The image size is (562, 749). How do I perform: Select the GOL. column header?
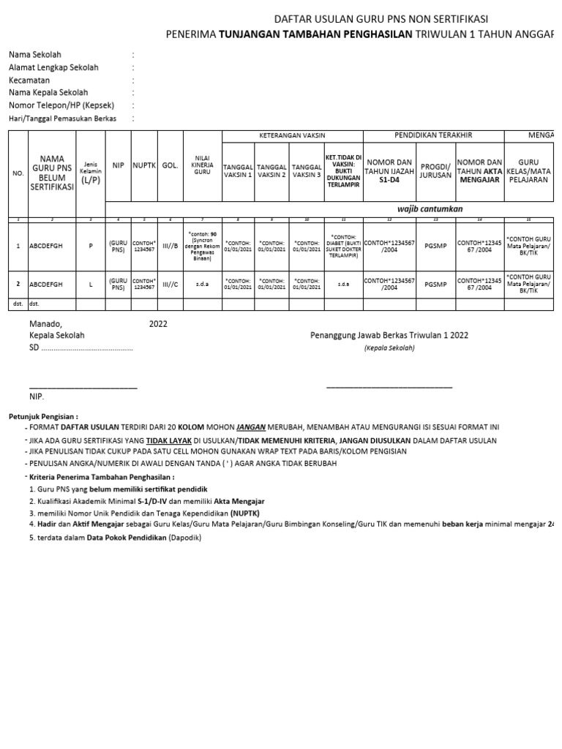point(170,165)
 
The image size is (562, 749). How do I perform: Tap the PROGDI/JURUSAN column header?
point(435,170)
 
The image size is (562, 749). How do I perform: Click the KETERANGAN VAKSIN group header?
point(293,135)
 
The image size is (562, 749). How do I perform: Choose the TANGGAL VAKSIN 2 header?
point(272,170)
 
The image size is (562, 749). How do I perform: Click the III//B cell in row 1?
point(170,246)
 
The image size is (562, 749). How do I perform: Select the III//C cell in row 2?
point(170,284)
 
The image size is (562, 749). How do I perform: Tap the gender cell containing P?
point(91,246)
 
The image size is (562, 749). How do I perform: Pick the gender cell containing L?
point(91,284)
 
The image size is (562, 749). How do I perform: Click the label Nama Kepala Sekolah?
point(48,93)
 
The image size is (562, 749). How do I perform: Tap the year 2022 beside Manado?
point(158,323)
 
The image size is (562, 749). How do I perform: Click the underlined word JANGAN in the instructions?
point(251,426)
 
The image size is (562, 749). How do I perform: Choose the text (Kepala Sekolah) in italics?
point(389,348)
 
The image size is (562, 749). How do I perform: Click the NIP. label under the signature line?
point(37,396)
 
